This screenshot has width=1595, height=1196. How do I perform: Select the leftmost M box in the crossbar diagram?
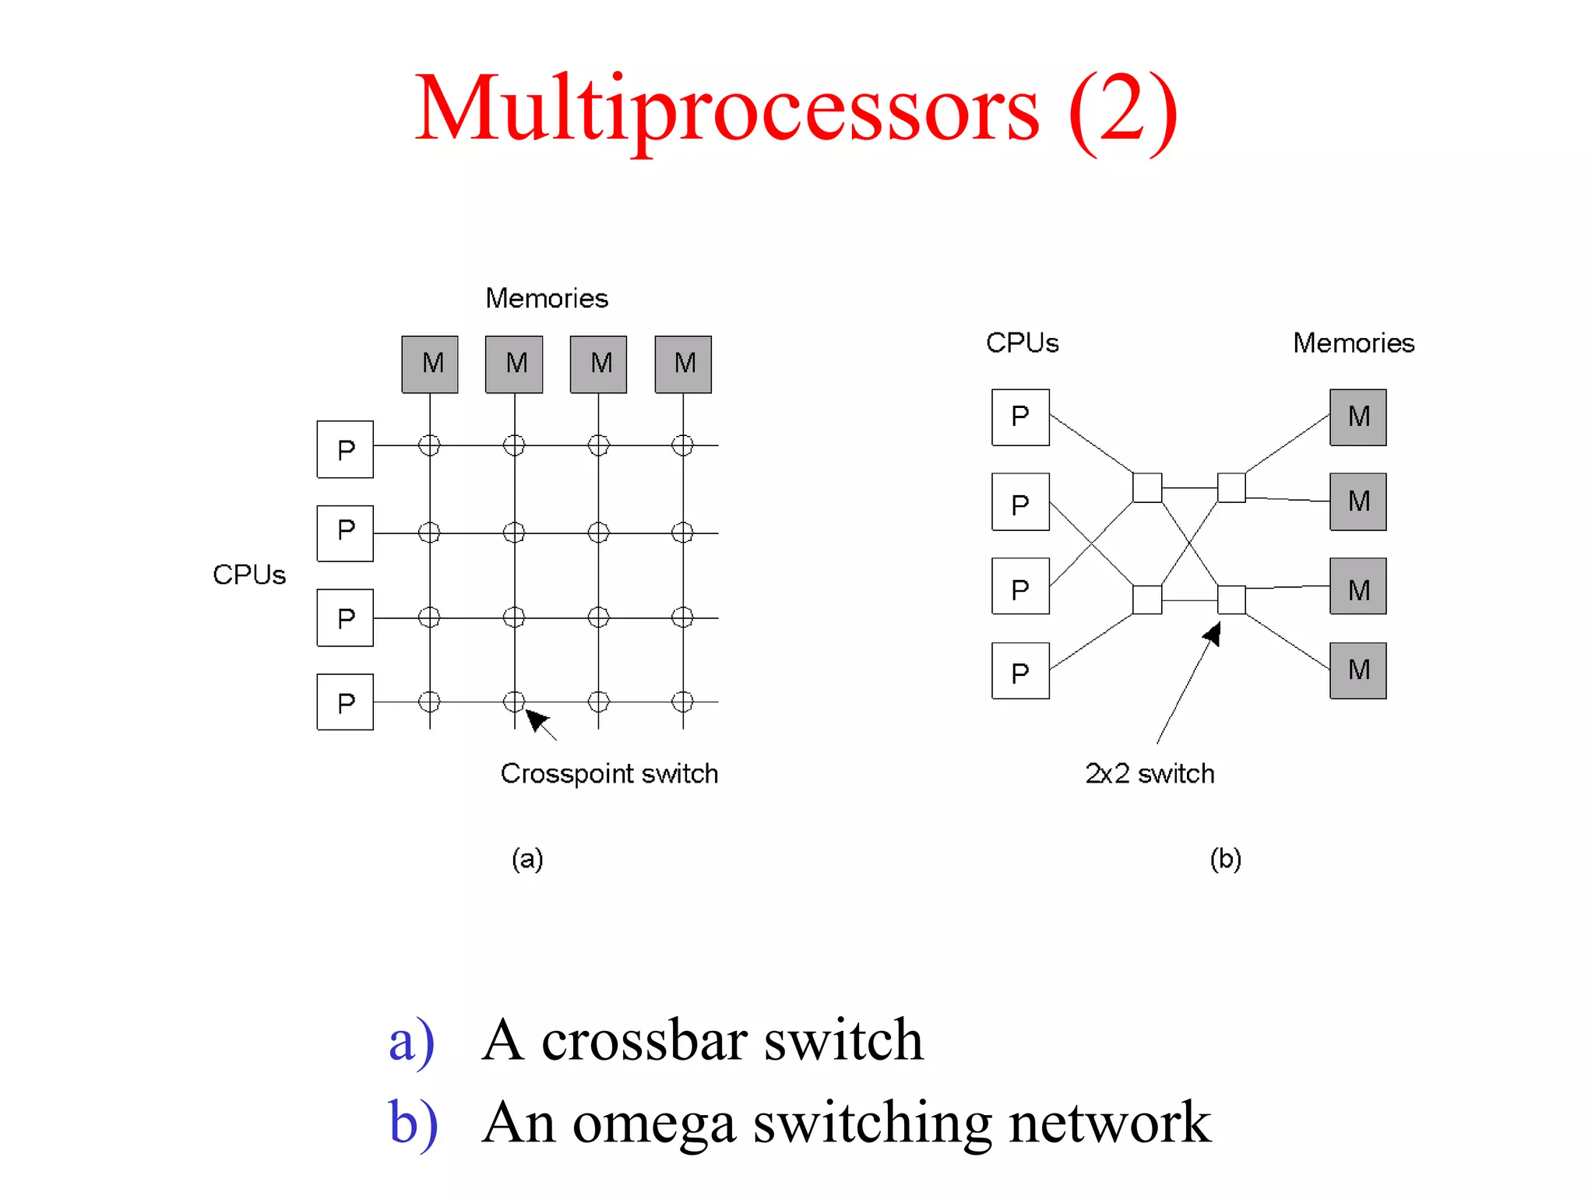coord(430,364)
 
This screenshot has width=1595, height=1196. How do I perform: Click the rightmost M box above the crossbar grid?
coord(683,364)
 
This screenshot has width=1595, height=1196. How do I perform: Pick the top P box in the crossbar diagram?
coord(345,449)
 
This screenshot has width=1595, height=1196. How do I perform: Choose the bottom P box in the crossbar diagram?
coord(345,702)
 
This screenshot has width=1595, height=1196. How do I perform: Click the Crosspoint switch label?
coord(609,773)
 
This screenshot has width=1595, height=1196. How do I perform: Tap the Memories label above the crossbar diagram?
coord(547,298)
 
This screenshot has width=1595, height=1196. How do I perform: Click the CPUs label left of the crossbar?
coord(249,575)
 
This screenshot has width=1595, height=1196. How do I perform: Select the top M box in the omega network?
coord(1357,417)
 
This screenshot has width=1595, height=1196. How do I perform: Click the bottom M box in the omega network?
coord(1357,670)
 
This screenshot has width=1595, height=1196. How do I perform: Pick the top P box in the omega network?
coord(1020,417)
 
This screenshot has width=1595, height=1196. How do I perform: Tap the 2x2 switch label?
coord(1150,773)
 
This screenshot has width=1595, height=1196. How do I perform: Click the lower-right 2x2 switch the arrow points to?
coord(1231,600)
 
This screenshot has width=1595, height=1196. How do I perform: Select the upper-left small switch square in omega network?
coord(1147,487)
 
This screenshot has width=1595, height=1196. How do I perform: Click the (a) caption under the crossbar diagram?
coord(527,859)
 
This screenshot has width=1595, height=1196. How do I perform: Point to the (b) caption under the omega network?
coord(1225,859)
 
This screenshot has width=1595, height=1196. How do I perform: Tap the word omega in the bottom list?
coord(654,1124)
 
